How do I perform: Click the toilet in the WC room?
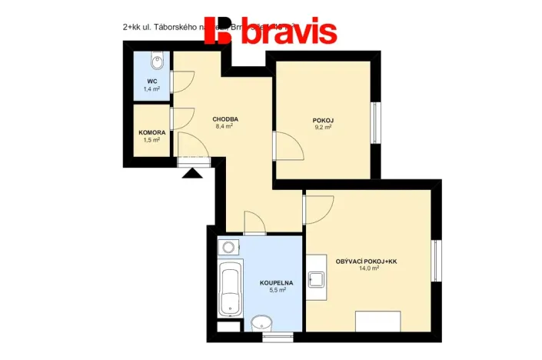point(158,59)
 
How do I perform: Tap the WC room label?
point(151,82)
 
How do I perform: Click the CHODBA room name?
point(225,119)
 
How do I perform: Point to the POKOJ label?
point(323,121)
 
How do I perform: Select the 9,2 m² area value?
point(323,128)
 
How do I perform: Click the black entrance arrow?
point(191,172)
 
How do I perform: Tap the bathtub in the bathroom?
point(229,289)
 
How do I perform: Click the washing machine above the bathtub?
point(228,248)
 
